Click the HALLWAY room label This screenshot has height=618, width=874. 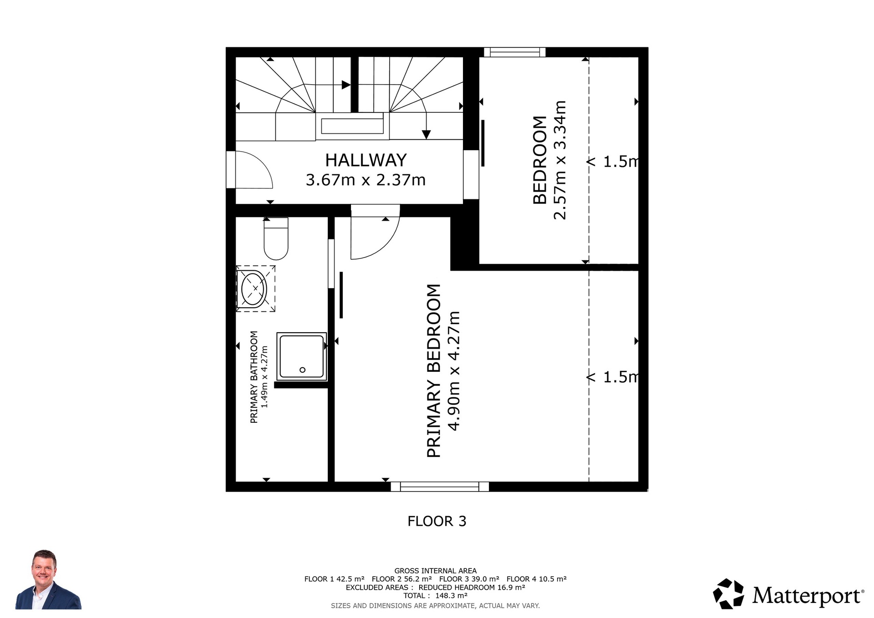coord(366,160)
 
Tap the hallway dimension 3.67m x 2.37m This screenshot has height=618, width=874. coord(366,180)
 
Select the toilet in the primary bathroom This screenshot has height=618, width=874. coord(276,238)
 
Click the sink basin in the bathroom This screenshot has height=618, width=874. coord(254,289)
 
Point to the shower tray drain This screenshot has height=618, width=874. coord(302,370)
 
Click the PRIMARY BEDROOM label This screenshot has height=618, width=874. coord(434,370)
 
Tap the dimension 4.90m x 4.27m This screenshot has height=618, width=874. coord(454,370)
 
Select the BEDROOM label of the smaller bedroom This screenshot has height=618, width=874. coord(539,160)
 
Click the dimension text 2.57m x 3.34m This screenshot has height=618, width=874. coord(559,160)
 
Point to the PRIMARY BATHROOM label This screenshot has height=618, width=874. coord(254,377)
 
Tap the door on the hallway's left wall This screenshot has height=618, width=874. coord(249,169)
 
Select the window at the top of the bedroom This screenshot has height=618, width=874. coord(514,52)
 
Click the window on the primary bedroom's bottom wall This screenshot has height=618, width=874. coord(440,486)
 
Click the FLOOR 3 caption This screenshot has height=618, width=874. coord(437,521)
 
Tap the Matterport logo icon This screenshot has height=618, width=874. coord(728,593)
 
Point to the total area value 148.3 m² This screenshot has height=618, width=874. coord(451,595)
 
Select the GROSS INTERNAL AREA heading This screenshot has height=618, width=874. coord(435,571)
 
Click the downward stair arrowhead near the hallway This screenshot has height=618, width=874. coord(426,134)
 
